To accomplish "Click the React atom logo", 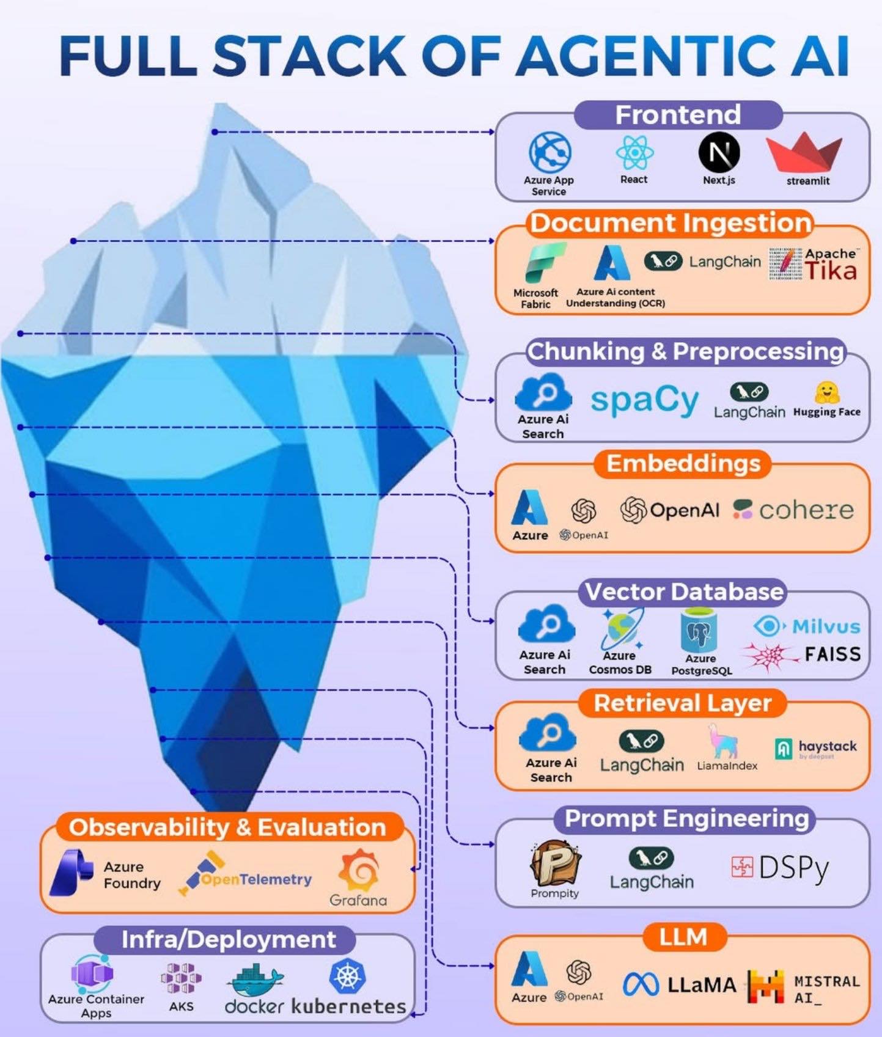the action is tap(634, 152).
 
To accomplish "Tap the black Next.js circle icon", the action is tap(719, 152).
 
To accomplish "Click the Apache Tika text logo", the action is tap(813, 264).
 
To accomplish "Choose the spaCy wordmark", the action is tap(644, 401).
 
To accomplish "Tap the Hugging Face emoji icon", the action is tap(827, 393).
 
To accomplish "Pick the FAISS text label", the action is tap(832, 654).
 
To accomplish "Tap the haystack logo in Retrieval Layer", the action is tap(816, 748).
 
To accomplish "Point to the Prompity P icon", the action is tap(555, 862).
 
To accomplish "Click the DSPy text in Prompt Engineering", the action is tap(793, 867).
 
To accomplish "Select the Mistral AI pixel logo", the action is tap(766, 986).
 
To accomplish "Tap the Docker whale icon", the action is tap(255, 980).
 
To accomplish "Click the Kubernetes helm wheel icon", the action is tap(347, 976).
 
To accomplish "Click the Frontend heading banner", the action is tap(678, 114).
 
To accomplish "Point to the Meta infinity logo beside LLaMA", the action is tap(641, 984).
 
